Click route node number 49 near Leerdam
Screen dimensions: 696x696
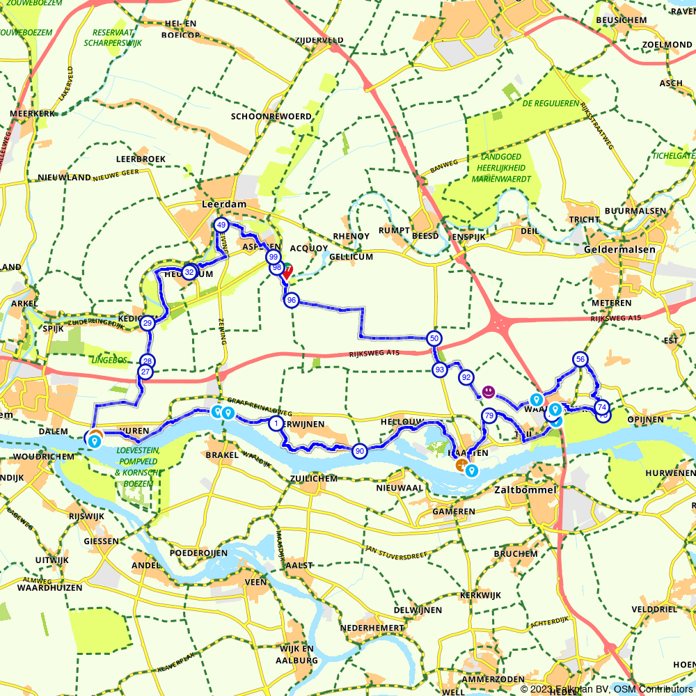click(221, 225)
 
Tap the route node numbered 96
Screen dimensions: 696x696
click(291, 300)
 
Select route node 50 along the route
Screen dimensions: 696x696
click(434, 338)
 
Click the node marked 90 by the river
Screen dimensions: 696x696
click(359, 451)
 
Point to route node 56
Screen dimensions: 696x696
click(580, 359)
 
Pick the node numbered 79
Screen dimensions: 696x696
click(489, 416)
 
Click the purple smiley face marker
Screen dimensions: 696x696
click(489, 392)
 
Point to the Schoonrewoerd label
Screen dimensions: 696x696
click(271, 116)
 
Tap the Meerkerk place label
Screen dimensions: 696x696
click(29, 113)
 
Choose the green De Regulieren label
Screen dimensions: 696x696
click(551, 103)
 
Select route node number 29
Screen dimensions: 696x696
click(147, 323)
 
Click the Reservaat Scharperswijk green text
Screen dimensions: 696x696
click(112, 38)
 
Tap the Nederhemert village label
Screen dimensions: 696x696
click(372, 628)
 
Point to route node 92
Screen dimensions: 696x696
click(466, 377)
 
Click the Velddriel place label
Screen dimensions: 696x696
click(654, 609)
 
